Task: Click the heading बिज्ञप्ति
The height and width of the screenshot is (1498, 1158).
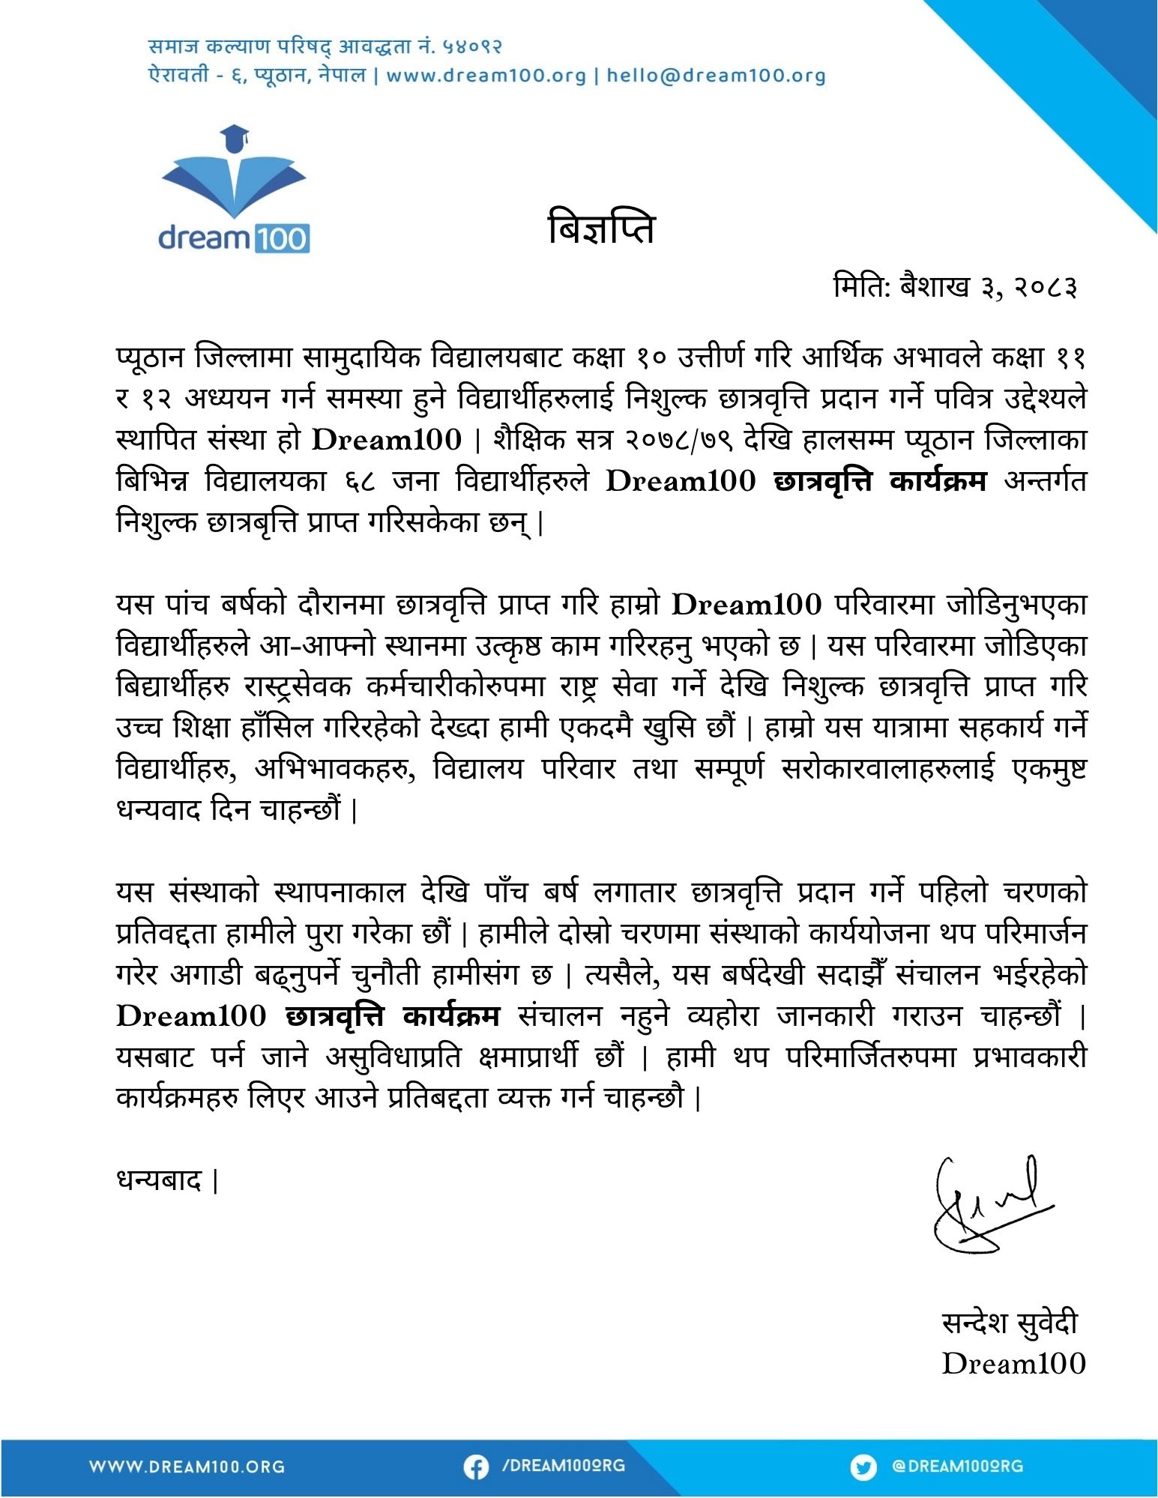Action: (602, 229)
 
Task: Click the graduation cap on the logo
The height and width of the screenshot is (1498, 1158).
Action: (235, 137)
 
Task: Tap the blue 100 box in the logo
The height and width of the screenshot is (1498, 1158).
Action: (283, 239)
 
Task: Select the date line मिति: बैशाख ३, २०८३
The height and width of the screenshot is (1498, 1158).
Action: (955, 286)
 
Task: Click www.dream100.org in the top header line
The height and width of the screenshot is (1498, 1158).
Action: (486, 76)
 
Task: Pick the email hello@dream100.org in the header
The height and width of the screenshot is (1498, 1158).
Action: (716, 76)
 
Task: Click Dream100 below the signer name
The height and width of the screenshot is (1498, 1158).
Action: (1013, 1364)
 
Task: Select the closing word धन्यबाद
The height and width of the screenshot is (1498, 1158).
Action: (160, 1181)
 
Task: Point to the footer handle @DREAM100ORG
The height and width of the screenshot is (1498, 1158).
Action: (957, 1466)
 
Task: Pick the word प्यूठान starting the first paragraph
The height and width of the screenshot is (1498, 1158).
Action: (150, 357)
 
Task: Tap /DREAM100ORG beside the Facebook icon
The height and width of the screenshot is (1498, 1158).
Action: (563, 1466)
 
